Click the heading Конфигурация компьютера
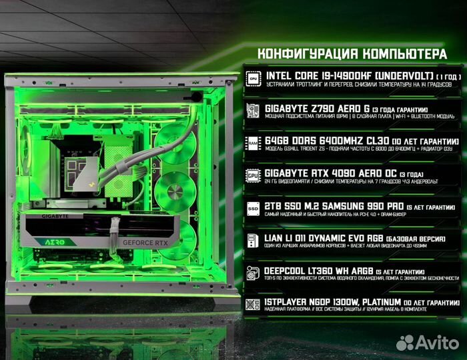[352, 53]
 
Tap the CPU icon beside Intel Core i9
[254, 78]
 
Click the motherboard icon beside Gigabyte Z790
[254, 111]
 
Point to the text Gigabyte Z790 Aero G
[304, 108]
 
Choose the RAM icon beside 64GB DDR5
[254, 143]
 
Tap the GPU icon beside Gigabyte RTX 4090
[254, 175]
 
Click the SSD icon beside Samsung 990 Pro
[254, 208]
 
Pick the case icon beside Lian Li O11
[254, 241]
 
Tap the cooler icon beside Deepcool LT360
[254, 273]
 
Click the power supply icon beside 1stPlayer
[254, 305]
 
